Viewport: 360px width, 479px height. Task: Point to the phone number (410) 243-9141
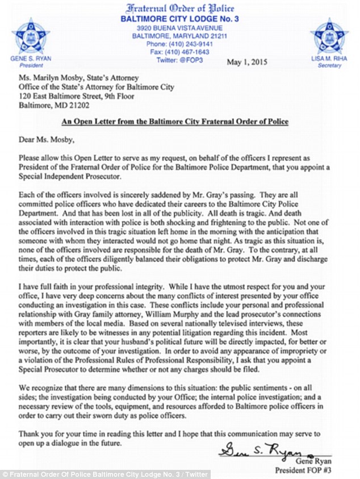tap(180, 43)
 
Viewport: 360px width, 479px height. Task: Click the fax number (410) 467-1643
tap(180, 51)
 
